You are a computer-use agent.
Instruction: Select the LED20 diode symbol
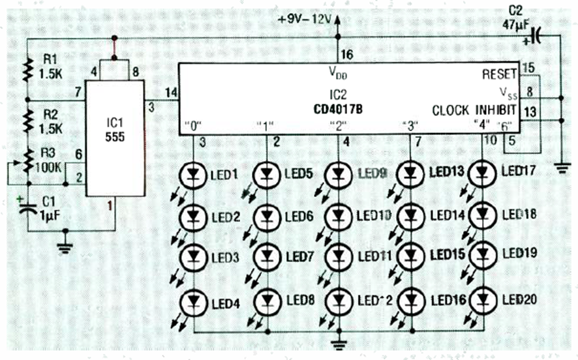point(482,301)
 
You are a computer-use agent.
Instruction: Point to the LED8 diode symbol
point(266,301)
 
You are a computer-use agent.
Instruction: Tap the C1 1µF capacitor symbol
point(27,209)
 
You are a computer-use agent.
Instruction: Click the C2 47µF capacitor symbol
point(536,37)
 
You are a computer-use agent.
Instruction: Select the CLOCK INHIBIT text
point(474,110)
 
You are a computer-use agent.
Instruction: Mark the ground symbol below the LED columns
point(338,343)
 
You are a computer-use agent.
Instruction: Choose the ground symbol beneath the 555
point(63,247)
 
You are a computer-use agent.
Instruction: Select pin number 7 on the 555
point(78,92)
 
